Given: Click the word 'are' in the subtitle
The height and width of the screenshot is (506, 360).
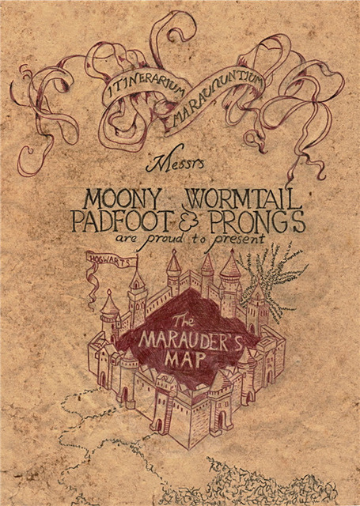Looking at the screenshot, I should click(x=127, y=239).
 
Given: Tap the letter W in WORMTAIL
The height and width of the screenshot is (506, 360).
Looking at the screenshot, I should click(x=195, y=198).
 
